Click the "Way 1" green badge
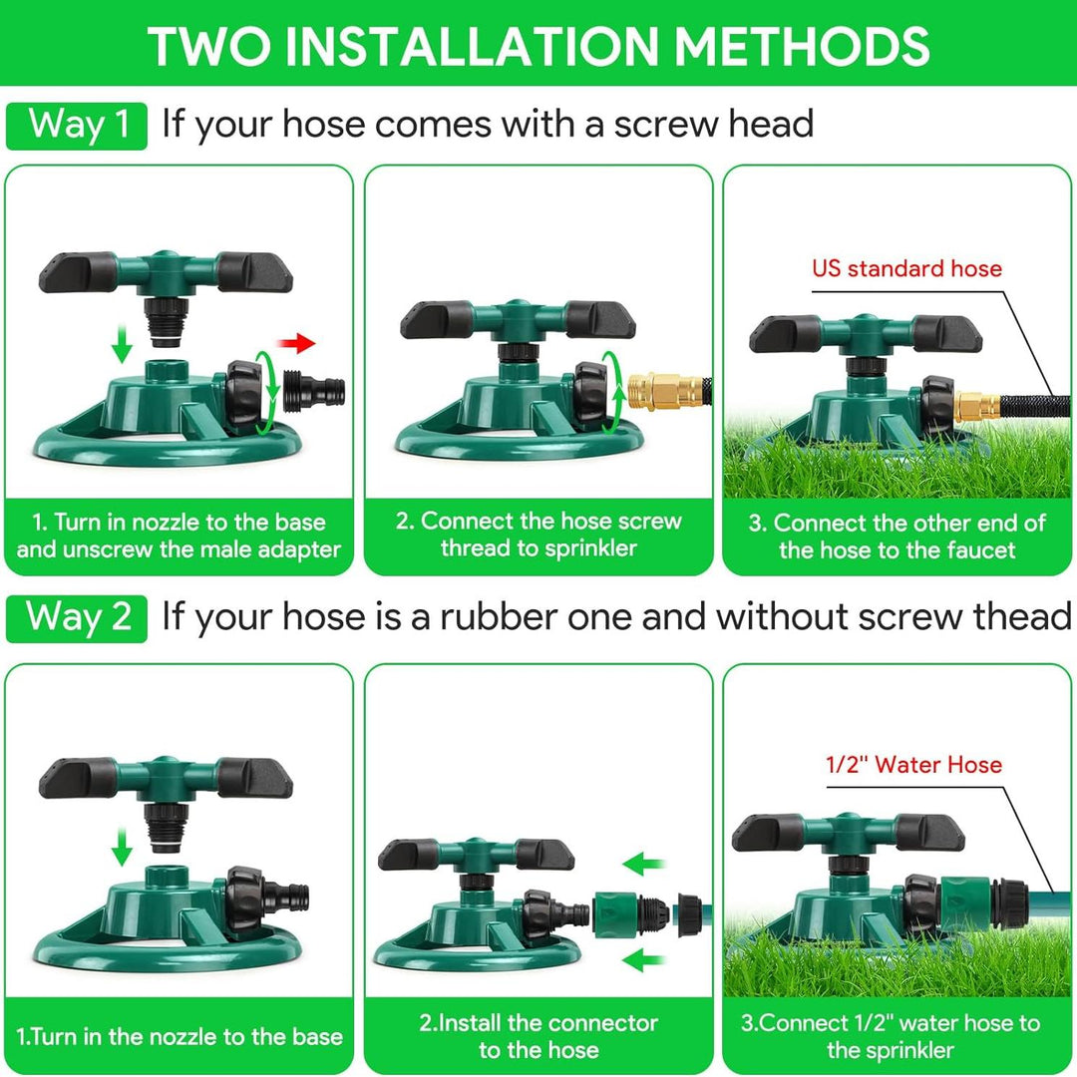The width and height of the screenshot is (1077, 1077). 77,126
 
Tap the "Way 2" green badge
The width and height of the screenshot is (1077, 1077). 77,618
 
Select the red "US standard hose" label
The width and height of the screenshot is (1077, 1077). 905,268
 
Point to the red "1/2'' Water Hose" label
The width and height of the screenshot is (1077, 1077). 913,765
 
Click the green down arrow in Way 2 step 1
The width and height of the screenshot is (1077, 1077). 122,849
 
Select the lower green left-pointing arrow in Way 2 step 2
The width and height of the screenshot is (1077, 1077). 644,961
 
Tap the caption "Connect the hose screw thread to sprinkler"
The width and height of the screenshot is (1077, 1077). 538,535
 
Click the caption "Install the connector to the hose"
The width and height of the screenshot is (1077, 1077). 538,1036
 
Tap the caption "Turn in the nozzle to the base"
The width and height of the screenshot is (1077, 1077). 179,1036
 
